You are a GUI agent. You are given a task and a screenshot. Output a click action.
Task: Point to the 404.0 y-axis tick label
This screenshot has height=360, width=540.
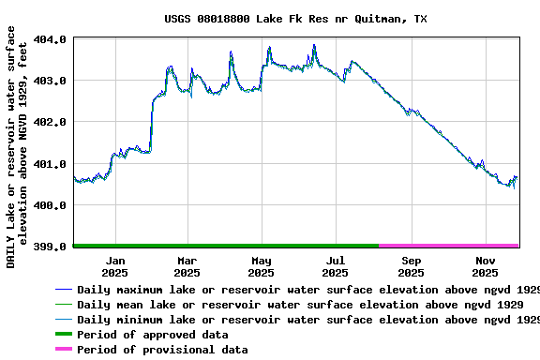click(x=50, y=40)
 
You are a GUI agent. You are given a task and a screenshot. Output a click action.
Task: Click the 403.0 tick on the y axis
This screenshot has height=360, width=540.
click(x=50, y=82)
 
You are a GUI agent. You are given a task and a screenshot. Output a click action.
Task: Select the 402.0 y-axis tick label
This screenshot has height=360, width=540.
click(x=50, y=123)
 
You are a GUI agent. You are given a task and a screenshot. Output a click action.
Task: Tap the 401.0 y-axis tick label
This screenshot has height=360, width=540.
click(x=50, y=164)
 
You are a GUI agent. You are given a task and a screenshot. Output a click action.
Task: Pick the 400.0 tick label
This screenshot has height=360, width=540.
click(x=50, y=205)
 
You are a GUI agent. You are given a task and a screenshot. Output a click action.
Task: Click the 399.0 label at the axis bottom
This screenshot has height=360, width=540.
click(x=50, y=247)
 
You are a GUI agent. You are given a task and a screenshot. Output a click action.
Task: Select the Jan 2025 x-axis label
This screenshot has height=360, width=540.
click(x=115, y=266)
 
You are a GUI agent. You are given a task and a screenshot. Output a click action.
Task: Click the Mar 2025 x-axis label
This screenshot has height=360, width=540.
click(x=187, y=266)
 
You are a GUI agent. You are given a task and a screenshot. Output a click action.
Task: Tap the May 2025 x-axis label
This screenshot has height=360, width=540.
click(x=261, y=266)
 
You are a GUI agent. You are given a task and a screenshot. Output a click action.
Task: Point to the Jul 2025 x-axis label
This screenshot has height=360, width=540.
click(x=335, y=266)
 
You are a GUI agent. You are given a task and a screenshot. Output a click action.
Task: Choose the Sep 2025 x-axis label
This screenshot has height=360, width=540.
click(x=411, y=266)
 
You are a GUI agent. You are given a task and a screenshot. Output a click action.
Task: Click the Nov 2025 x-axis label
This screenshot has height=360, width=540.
click(x=485, y=266)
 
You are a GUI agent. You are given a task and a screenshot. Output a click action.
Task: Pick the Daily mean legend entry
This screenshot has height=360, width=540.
click(x=300, y=305)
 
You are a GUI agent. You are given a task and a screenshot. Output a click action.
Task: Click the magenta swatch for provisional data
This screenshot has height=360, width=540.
click(x=64, y=350)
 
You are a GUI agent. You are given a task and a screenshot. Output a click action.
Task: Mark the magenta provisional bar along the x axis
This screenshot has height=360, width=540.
click(x=448, y=246)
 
